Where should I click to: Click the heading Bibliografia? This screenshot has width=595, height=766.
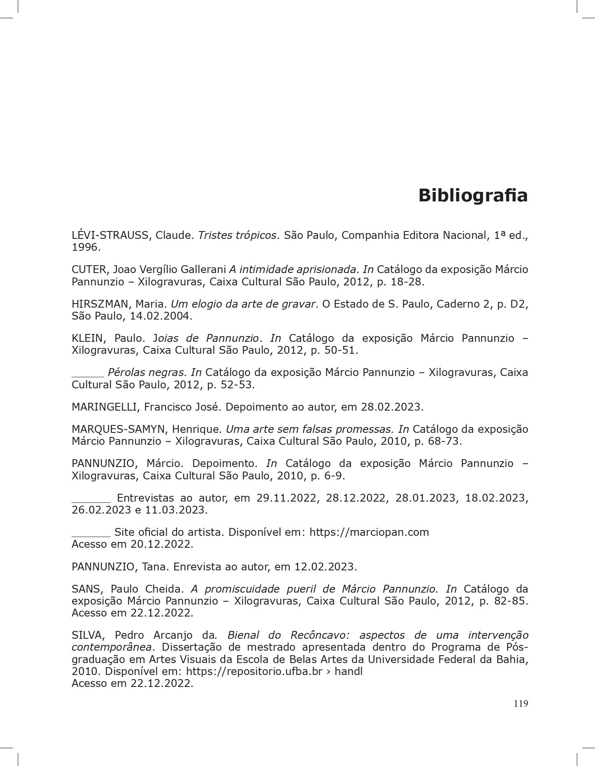473,196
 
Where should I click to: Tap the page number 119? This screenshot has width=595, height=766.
521,703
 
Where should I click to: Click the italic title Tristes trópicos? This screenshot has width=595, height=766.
237,236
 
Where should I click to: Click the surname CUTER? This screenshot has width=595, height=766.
88,270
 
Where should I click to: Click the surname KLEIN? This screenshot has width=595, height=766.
87,339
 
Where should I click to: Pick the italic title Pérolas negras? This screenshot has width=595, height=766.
147,373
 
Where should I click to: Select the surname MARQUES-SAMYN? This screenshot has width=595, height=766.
118,430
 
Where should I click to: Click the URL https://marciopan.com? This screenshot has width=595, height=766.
369,532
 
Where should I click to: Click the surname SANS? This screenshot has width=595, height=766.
85,589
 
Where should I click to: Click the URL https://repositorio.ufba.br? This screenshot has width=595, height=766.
254,672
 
